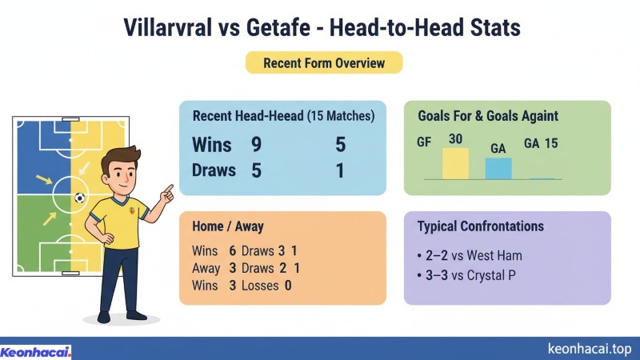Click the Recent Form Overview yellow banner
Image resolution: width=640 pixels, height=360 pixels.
point(323,62)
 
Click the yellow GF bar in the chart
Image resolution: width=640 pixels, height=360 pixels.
point(455,163)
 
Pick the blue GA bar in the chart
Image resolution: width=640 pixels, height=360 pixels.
point(498,168)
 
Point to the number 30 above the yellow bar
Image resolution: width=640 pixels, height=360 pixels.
point(455,139)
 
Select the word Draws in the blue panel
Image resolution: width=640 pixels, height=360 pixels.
point(214,170)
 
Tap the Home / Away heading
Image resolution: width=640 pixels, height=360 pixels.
point(228,226)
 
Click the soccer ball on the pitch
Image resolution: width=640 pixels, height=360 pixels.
point(79,197)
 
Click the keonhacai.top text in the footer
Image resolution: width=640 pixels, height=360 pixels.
point(590,349)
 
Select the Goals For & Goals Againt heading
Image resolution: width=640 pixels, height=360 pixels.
point(488,116)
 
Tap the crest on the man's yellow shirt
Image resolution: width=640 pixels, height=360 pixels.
point(132,213)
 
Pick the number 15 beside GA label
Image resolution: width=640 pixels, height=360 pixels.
point(551,143)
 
